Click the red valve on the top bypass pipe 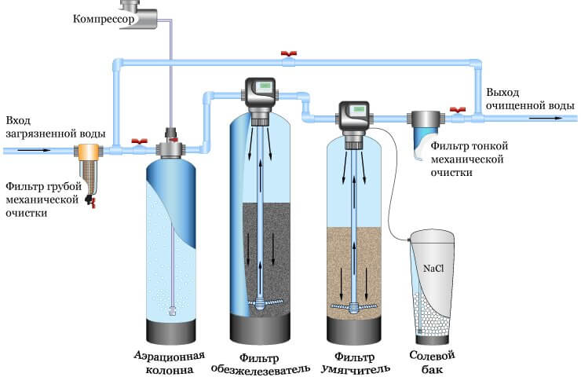288,56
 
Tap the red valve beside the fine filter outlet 455,111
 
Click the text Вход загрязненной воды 48,127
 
